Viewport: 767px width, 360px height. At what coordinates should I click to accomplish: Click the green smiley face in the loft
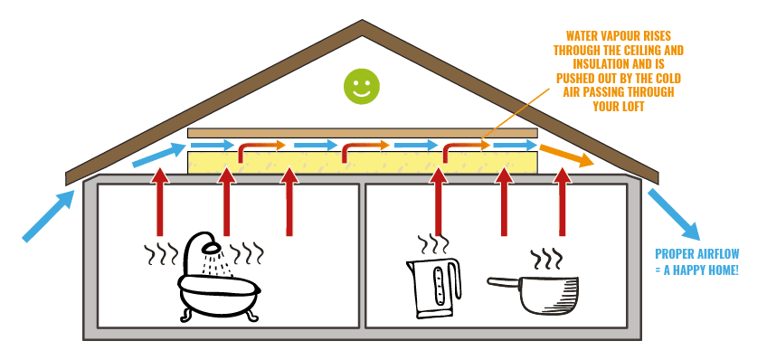[x=361, y=87]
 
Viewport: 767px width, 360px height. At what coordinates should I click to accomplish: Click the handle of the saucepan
[x=505, y=282]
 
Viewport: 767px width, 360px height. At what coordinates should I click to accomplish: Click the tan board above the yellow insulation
[x=362, y=133]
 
